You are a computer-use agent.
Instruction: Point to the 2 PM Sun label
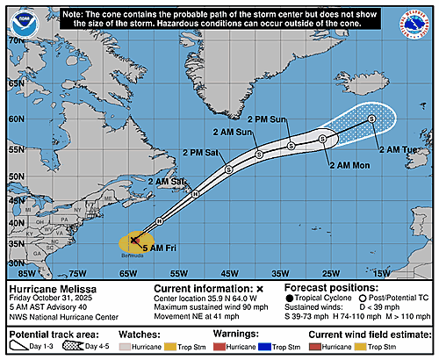(269, 118)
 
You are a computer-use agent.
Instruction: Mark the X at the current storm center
(134, 239)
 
